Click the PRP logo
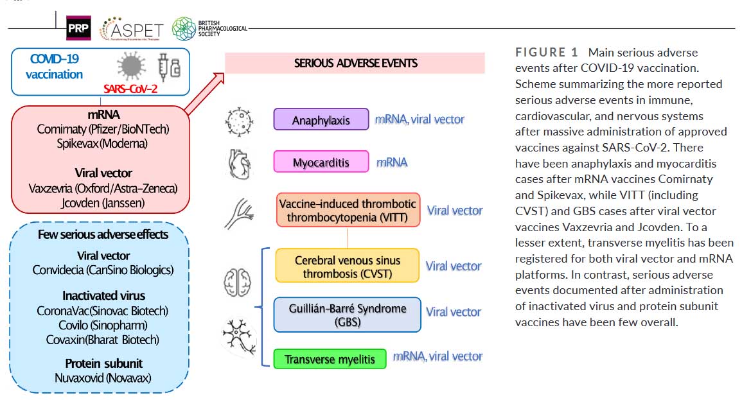pyautogui.click(x=78, y=28)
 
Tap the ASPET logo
pyautogui.click(x=132, y=30)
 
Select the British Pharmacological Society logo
pyautogui.click(x=209, y=28)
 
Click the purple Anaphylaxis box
pyautogui.click(x=321, y=119)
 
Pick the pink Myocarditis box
pyautogui.click(x=321, y=162)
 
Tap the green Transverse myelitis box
pyautogui.click(x=330, y=359)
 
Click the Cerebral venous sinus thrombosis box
pyautogui.click(x=348, y=266)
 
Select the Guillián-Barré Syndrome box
pyautogui.click(x=348, y=315)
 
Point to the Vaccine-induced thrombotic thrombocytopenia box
pyautogui.click(x=348, y=210)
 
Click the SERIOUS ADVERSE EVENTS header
pyautogui.click(x=355, y=63)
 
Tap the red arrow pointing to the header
pyautogui.click(x=204, y=94)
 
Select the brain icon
pyautogui.click(x=238, y=283)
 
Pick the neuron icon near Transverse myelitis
pyautogui.click(x=240, y=336)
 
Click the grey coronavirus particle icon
pyautogui.click(x=131, y=66)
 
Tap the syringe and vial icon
pyautogui.click(x=169, y=67)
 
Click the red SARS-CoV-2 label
pyautogui.click(x=130, y=89)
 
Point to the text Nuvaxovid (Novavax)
pyautogui.click(x=103, y=378)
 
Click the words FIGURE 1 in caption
pyautogui.click(x=547, y=53)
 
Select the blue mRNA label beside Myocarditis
pyautogui.click(x=392, y=162)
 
